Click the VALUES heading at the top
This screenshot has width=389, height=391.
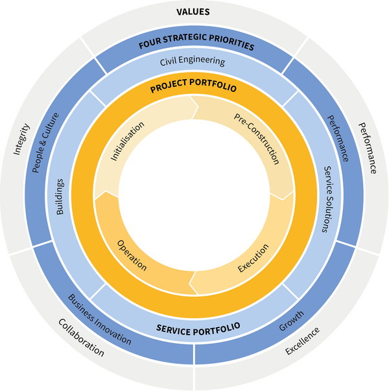194,11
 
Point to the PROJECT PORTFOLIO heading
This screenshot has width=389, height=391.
193,86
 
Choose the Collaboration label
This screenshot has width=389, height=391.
80,337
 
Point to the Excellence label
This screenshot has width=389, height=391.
303,342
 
